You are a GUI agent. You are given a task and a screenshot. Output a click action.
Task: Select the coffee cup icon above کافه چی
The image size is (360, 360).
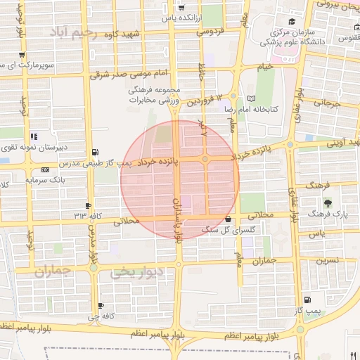tap(101, 305)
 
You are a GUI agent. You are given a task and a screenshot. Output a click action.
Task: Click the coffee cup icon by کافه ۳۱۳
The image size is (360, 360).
tap(88, 205)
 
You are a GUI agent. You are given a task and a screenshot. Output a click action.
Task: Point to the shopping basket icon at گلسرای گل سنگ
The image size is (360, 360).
tap(227, 219)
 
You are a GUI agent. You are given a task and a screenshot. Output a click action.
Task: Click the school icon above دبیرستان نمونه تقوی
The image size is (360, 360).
tap(32, 137)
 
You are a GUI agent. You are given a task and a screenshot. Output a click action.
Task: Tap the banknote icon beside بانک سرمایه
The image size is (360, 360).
tap(46, 169)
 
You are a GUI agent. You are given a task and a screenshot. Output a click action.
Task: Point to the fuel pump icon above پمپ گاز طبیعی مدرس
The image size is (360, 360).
tap(96, 152)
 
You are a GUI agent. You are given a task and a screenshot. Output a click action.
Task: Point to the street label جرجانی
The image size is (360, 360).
tap(326, 103)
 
